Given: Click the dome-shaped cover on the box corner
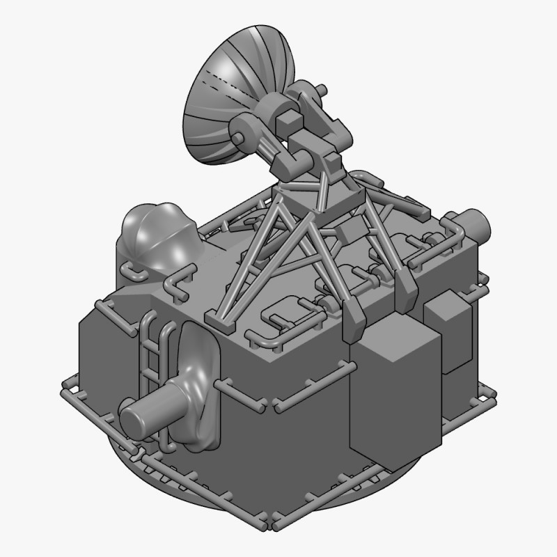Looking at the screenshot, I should click(153, 233).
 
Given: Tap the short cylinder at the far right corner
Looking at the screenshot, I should click(477, 224).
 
